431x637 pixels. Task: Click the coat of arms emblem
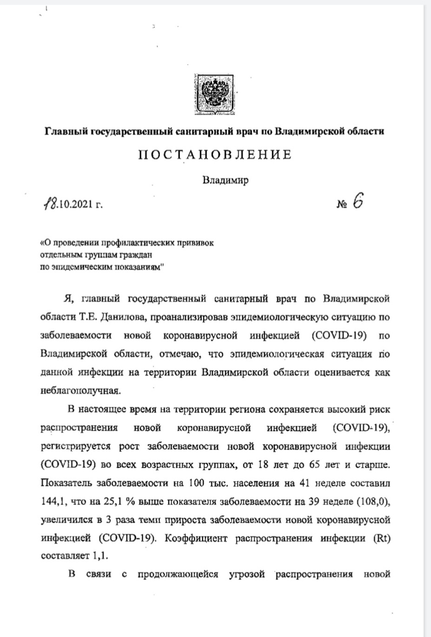(215, 94)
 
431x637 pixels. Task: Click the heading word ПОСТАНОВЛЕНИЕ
(215, 155)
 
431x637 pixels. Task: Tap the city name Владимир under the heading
(225, 180)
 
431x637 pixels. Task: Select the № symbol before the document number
(342, 205)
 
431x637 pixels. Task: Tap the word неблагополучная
(80, 390)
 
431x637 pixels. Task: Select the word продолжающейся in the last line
(178, 574)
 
